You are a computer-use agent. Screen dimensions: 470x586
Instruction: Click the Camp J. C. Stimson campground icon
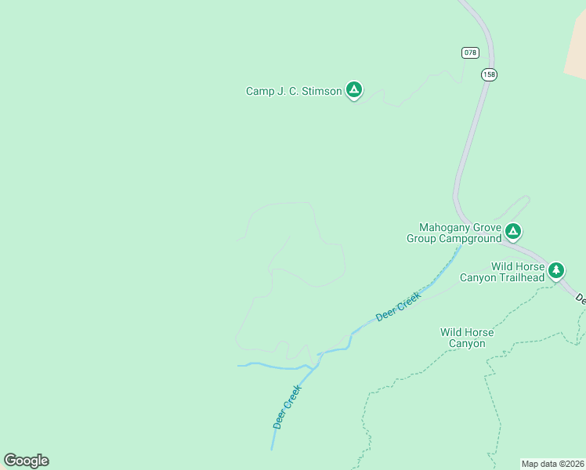click(x=354, y=91)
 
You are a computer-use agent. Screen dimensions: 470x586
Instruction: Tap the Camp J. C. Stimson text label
click(x=294, y=92)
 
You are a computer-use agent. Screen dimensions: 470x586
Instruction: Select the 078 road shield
click(x=469, y=52)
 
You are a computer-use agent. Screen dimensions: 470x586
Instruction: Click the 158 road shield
click(x=489, y=74)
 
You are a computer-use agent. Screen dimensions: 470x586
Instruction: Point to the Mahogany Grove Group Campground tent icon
click(x=512, y=231)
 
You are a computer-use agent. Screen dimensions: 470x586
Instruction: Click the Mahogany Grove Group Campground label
click(x=454, y=232)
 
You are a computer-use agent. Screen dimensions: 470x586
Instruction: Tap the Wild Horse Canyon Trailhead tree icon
click(x=556, y=270)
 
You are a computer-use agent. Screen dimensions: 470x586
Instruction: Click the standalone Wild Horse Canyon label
click(x=467, y=338)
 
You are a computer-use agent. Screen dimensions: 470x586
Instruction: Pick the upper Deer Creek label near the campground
click(x=399, y=305)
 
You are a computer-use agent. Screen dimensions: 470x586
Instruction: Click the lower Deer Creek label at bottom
click(x=288, y=406)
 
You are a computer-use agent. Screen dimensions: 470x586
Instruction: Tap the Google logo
click(x=26, y=461)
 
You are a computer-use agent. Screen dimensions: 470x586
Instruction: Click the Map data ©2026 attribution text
click(x=552, y=464)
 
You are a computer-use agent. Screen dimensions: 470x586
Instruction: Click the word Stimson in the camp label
click(x=322, y=92)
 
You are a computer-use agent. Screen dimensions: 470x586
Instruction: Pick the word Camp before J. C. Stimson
click(x=259, y=92)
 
